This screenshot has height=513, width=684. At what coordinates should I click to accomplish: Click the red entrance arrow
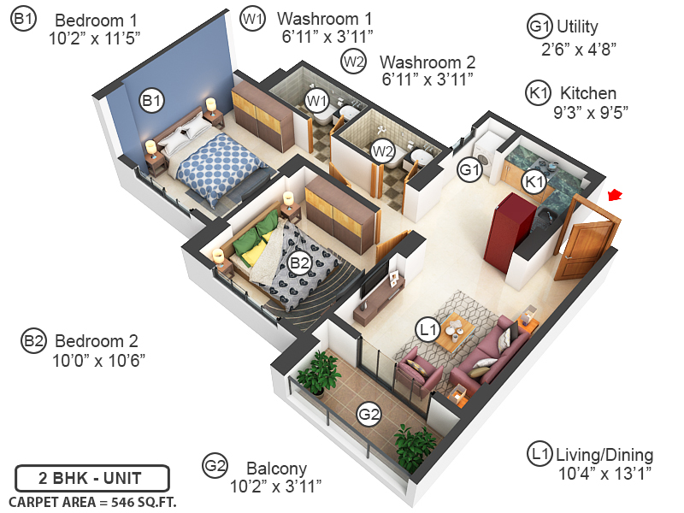click(615, 198)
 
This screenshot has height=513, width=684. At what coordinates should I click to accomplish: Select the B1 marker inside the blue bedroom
click(152, 102)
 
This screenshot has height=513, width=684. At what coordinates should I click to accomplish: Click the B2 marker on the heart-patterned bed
click(298, 263)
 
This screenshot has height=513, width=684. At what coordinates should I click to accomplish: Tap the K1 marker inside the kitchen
click(534, 181)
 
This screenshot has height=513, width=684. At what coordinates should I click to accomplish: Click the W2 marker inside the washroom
click(382, 151)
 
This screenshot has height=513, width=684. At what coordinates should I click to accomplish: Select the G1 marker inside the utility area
click(469, 169)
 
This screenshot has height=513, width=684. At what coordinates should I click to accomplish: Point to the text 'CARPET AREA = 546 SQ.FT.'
click(92, 501)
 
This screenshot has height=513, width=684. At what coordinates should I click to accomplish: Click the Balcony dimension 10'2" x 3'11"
click(276, 486)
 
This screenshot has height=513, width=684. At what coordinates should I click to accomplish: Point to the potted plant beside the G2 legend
click(416, 445)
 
